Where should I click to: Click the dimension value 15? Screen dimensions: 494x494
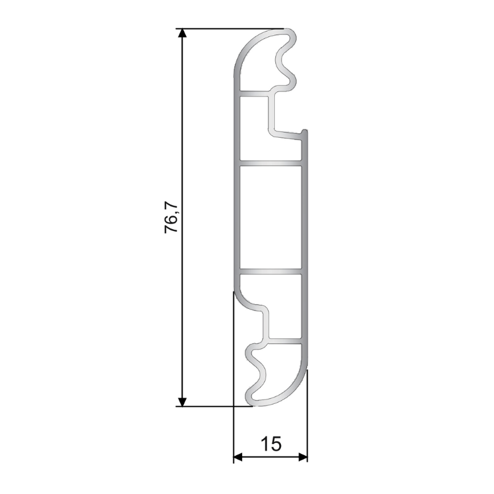270,443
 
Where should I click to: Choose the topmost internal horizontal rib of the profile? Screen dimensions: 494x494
253,94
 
